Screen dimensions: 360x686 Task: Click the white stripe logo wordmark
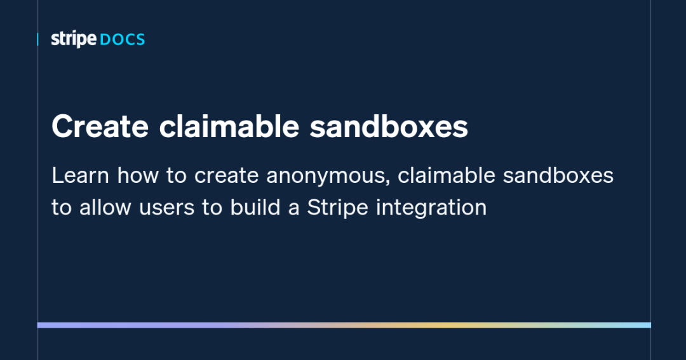[74, 39]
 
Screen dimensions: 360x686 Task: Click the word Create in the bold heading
[100, 127]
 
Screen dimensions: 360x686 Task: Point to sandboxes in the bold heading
[389, 127]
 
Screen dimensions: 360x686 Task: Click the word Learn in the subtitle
[80, 176]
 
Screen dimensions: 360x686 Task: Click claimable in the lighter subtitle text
[447, 176]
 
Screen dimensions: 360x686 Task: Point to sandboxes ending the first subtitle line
[558, 176]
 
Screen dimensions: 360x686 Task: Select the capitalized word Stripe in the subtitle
[338, 208]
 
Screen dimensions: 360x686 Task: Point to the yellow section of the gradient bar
[445, 325]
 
